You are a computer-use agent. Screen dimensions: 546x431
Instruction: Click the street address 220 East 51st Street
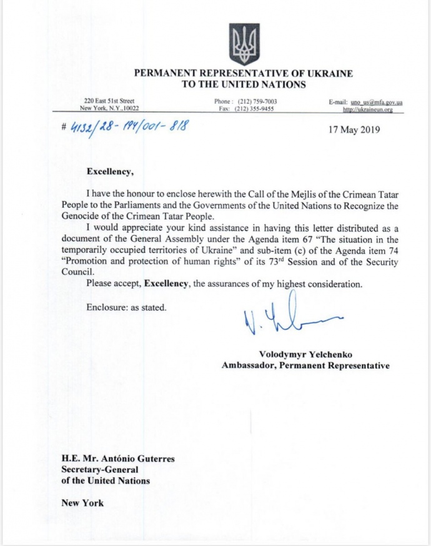click(109, 101)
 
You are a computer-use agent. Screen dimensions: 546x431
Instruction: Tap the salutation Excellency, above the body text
click(111, 169)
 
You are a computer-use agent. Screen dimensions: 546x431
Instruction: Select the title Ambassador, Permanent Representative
click(305, 365)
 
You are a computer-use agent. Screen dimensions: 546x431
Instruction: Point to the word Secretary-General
click(99, 470)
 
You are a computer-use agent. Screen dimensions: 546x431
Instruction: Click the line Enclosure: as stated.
click(127, 307)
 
